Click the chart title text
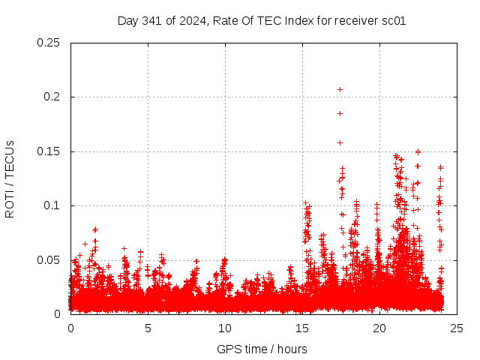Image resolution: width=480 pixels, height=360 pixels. click(262, 20)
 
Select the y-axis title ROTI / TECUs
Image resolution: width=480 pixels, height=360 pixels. click(10, 178)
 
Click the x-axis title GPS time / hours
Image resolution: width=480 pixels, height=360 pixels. click(262, 349)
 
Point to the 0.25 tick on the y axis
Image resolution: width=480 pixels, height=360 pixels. click(49, 43)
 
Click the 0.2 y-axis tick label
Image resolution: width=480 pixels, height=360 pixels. click(52, 97)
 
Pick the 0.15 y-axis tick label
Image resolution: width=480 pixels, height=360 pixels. click(49, 151)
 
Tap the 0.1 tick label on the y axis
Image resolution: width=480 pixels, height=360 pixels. click(52, 205)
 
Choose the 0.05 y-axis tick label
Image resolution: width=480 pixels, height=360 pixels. click(49, 260)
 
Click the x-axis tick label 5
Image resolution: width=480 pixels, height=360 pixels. click(148, 328)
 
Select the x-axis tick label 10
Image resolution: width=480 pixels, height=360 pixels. click(225, 328)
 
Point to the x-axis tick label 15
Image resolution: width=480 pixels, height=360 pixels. click(302, 328)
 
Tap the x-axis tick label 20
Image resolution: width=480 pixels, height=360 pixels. click(379, 328)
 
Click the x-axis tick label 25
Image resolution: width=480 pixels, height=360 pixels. click(457, 328)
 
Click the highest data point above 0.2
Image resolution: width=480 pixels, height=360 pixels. click(340, 89)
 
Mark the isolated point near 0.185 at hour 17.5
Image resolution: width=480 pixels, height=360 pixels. click(340, 113)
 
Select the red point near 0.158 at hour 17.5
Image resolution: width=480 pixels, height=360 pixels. click(340, 142)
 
